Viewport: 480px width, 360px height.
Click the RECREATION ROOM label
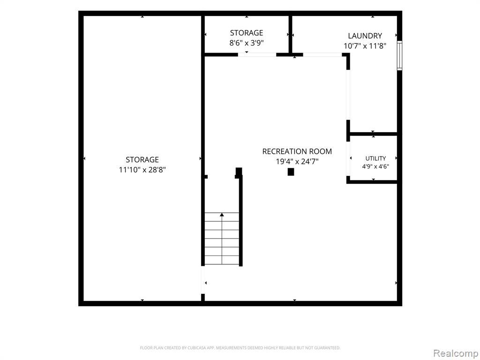click(297, 151)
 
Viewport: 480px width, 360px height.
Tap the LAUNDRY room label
click(365, 36)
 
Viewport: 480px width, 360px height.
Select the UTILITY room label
click(375, 158)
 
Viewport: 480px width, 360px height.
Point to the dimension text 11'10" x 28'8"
click(142, 170)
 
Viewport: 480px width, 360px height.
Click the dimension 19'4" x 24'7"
click(297, 161)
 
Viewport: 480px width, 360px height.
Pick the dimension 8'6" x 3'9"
click(247, 43)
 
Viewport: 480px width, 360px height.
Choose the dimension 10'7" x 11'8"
click(365, 46)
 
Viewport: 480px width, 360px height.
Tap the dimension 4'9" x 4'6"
click(375, 167)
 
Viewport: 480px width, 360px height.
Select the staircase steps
click(222, 238)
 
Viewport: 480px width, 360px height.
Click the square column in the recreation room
click(291, 172)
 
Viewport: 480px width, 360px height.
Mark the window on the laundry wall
click(399, 56)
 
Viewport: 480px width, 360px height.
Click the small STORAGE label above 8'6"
click(247, 33)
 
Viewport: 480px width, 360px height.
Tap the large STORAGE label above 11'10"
click(142, 159)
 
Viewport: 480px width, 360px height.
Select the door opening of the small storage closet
click(257, 55)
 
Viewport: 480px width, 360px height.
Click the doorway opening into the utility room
click(348, 158)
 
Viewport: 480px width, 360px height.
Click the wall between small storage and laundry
click(290, 34)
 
